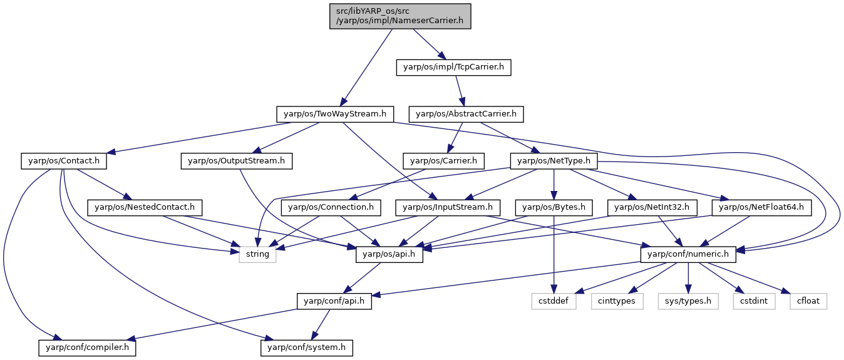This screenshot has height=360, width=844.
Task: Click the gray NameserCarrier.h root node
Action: (400, 16)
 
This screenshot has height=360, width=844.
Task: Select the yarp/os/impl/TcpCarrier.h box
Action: (454, 68)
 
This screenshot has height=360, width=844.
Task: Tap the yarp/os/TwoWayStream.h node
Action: (335, 114)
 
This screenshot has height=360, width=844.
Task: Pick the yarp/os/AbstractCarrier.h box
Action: (466, 114)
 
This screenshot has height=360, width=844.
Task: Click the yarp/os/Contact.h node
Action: (64, 161)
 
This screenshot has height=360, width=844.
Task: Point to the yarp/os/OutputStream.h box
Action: (237, 161)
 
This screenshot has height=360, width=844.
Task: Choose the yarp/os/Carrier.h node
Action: (443, 161)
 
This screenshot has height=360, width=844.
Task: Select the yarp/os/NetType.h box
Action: (554, 161)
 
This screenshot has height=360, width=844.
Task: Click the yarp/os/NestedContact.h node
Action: (145, 208)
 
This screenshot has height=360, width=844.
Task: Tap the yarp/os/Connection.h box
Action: (331, 208)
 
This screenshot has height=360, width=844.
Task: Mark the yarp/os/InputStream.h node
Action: (448, 208)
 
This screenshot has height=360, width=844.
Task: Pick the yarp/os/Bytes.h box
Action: (554, 208)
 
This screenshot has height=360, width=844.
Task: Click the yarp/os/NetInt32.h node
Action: (652, 208)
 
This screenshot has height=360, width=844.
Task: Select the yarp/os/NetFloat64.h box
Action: (761, 208)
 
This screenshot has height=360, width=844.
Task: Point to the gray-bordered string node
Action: (258, 254)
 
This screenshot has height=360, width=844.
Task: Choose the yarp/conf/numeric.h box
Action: (688, 254)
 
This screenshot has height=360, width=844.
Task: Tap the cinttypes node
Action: (617, 301)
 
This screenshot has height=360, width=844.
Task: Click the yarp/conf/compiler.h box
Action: (87, 347)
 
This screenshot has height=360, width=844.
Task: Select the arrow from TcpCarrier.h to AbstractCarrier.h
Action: (460, 91)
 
